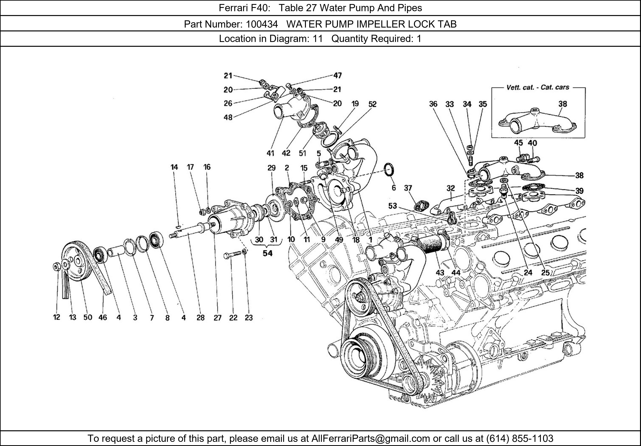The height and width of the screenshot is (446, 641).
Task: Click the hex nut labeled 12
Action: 56,267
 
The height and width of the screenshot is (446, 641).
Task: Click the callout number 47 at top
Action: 337,75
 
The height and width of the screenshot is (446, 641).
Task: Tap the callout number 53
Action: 392,206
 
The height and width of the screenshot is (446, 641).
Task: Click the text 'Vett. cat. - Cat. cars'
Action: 538,87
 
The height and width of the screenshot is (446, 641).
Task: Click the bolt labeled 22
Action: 232,255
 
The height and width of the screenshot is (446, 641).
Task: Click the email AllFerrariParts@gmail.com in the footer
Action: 370,438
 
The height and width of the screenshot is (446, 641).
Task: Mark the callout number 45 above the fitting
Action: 518,143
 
